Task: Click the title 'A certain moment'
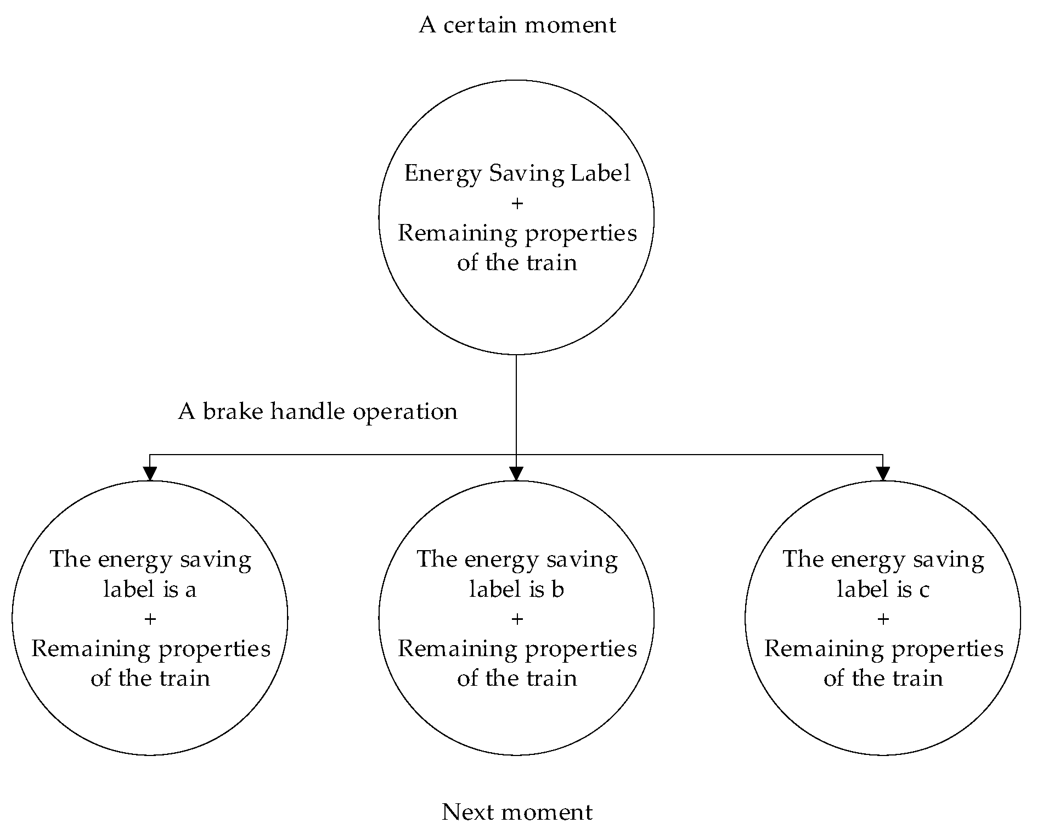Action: pyautogui.click(x=517, y=25)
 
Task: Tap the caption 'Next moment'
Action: pyautogui.click(x=517, y=811)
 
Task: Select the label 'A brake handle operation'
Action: pyautogui.click(x=318, y=411)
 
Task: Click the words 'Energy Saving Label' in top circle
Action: pyautogui.click(x=517, y=173)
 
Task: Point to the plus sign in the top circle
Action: pyautogui.click(x=517, y=204)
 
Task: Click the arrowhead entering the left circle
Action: pyautogui.click(x=150, y=473)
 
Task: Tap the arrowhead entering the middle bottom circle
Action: pyautogui.click(x=516, y=473)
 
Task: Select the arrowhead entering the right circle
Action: pyautogui.click(x=883, y=473)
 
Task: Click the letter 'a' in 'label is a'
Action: pyautogui.click(x=190, y=590)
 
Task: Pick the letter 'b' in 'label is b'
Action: pyautogui.click(x=557, y=589)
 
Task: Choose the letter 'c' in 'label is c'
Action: pyautogui.click(x=924, y=590)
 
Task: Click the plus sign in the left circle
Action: pyautogui.click(x=150, y=619)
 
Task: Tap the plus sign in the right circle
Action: pyautogui.click(x=883, y=619)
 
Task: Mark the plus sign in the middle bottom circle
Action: pyautogui.click(x=517, y=619)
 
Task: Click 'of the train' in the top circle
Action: pyautogui.click(x=517, y=263)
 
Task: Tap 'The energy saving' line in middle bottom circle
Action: pyautogui.click(x=517, y=560)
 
